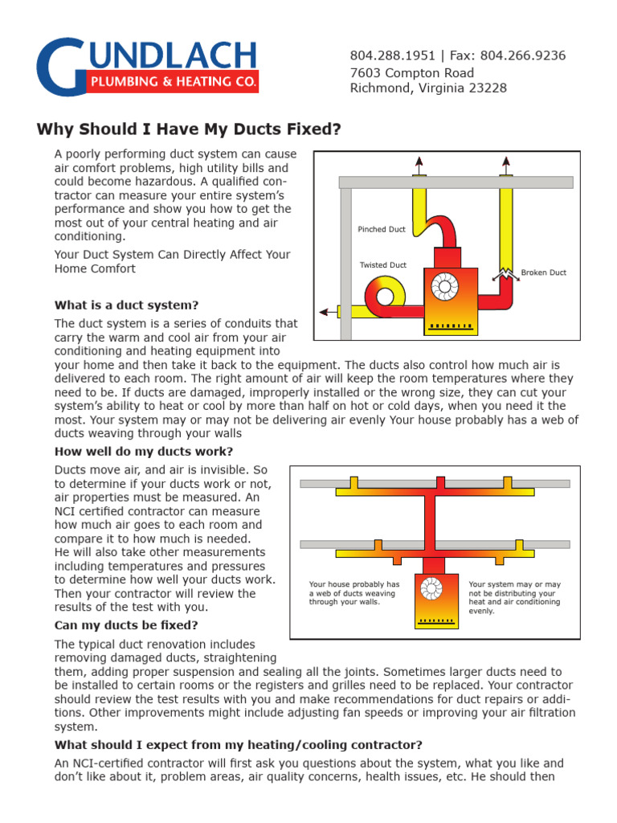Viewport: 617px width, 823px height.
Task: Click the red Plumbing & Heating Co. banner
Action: click(x=172, y=82)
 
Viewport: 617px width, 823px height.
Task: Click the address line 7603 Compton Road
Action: click(x=412, y=72)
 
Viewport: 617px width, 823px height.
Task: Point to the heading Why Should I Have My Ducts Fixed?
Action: click(x=190, y=129)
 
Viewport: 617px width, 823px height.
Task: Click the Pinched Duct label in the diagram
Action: click(x=382, y=230)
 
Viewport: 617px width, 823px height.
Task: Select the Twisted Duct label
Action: click(x=383, y=265)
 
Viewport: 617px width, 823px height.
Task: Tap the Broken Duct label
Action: click(x=543, y=272)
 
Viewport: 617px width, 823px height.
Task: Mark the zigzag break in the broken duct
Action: click(x=506, y=274)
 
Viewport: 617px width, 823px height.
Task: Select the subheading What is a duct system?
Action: click(x=126, y=305)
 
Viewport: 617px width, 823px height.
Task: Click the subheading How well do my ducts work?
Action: click(x=144, y=452)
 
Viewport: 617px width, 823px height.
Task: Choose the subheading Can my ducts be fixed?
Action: click(x=126, y=624)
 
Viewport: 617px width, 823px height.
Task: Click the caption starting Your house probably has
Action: click(x=354, y=592)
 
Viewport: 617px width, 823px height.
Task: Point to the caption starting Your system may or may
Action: click(x=514, y=597)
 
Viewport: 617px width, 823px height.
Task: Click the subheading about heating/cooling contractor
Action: click(x=238, y=744)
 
